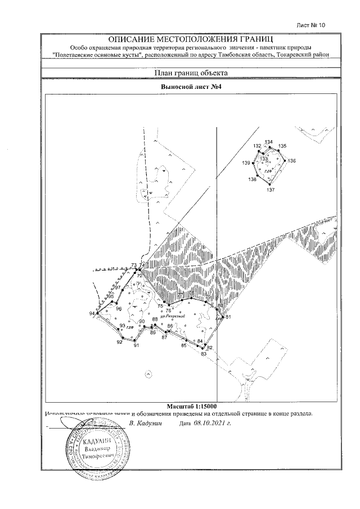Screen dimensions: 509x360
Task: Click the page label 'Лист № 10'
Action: coord(311,25)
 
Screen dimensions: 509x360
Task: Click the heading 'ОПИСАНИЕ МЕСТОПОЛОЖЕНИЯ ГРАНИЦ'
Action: coord(191,39)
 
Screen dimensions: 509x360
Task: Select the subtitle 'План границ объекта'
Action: coord(191,73)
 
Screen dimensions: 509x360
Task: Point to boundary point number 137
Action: coord(271,190)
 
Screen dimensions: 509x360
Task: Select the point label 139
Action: coord(246,163)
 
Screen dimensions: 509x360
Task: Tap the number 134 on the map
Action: coord(268,142)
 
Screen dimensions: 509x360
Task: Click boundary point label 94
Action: coord(92,313)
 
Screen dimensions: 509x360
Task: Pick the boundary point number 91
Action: coord(136,345)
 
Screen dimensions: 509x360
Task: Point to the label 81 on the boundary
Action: coord(228,317)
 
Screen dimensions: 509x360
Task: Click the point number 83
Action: coord(203,353)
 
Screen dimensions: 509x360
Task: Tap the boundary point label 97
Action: coord(118,287)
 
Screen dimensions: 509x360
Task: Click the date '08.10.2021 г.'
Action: coord(212,422)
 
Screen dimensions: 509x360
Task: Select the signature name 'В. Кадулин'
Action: coord(145,422)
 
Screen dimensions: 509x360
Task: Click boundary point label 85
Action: coord(183,345)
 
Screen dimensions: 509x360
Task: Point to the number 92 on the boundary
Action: coord(119,342)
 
